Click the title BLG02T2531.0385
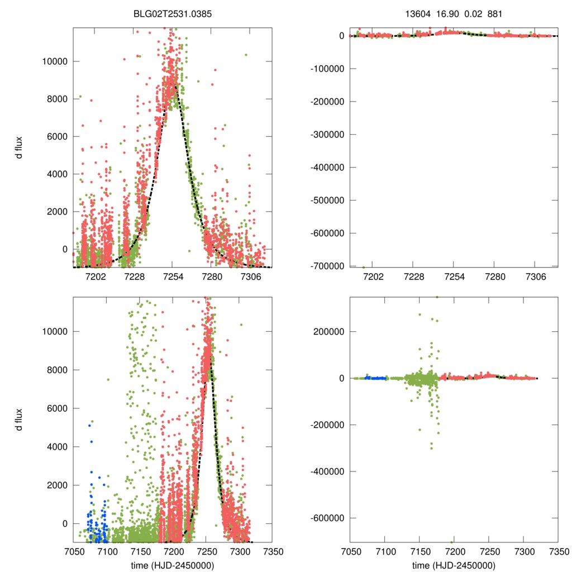point(172,15)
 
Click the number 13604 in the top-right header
point(419,15)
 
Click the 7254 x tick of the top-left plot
point(173,276)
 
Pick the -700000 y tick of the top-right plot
point(327,266)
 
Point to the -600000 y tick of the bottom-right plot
point(327,518)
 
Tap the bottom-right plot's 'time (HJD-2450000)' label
point(454,565)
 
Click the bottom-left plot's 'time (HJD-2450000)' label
point(172,565)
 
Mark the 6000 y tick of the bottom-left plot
point(58,408)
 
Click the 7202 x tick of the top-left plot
point(94,276)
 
